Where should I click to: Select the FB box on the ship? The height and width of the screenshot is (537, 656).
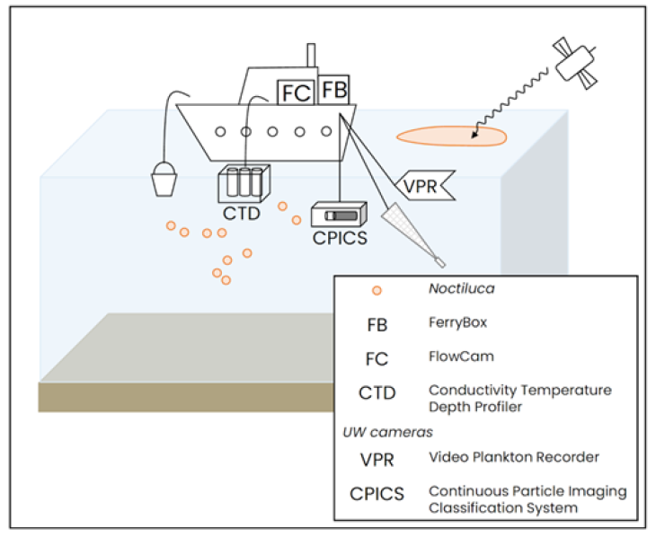[333, 90]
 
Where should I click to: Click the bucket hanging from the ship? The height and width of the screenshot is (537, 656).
[163, 179]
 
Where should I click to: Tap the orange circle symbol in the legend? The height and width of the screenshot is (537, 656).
[377, 290]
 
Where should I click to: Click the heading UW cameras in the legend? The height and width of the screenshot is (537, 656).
[375, 432]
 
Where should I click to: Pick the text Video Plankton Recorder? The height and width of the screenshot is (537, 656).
[513, 457]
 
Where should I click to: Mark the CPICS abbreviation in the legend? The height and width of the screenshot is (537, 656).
[377, 494]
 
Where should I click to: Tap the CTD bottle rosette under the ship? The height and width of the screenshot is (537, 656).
[241, 183]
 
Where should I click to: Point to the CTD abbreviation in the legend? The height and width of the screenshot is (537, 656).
[377, 392]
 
